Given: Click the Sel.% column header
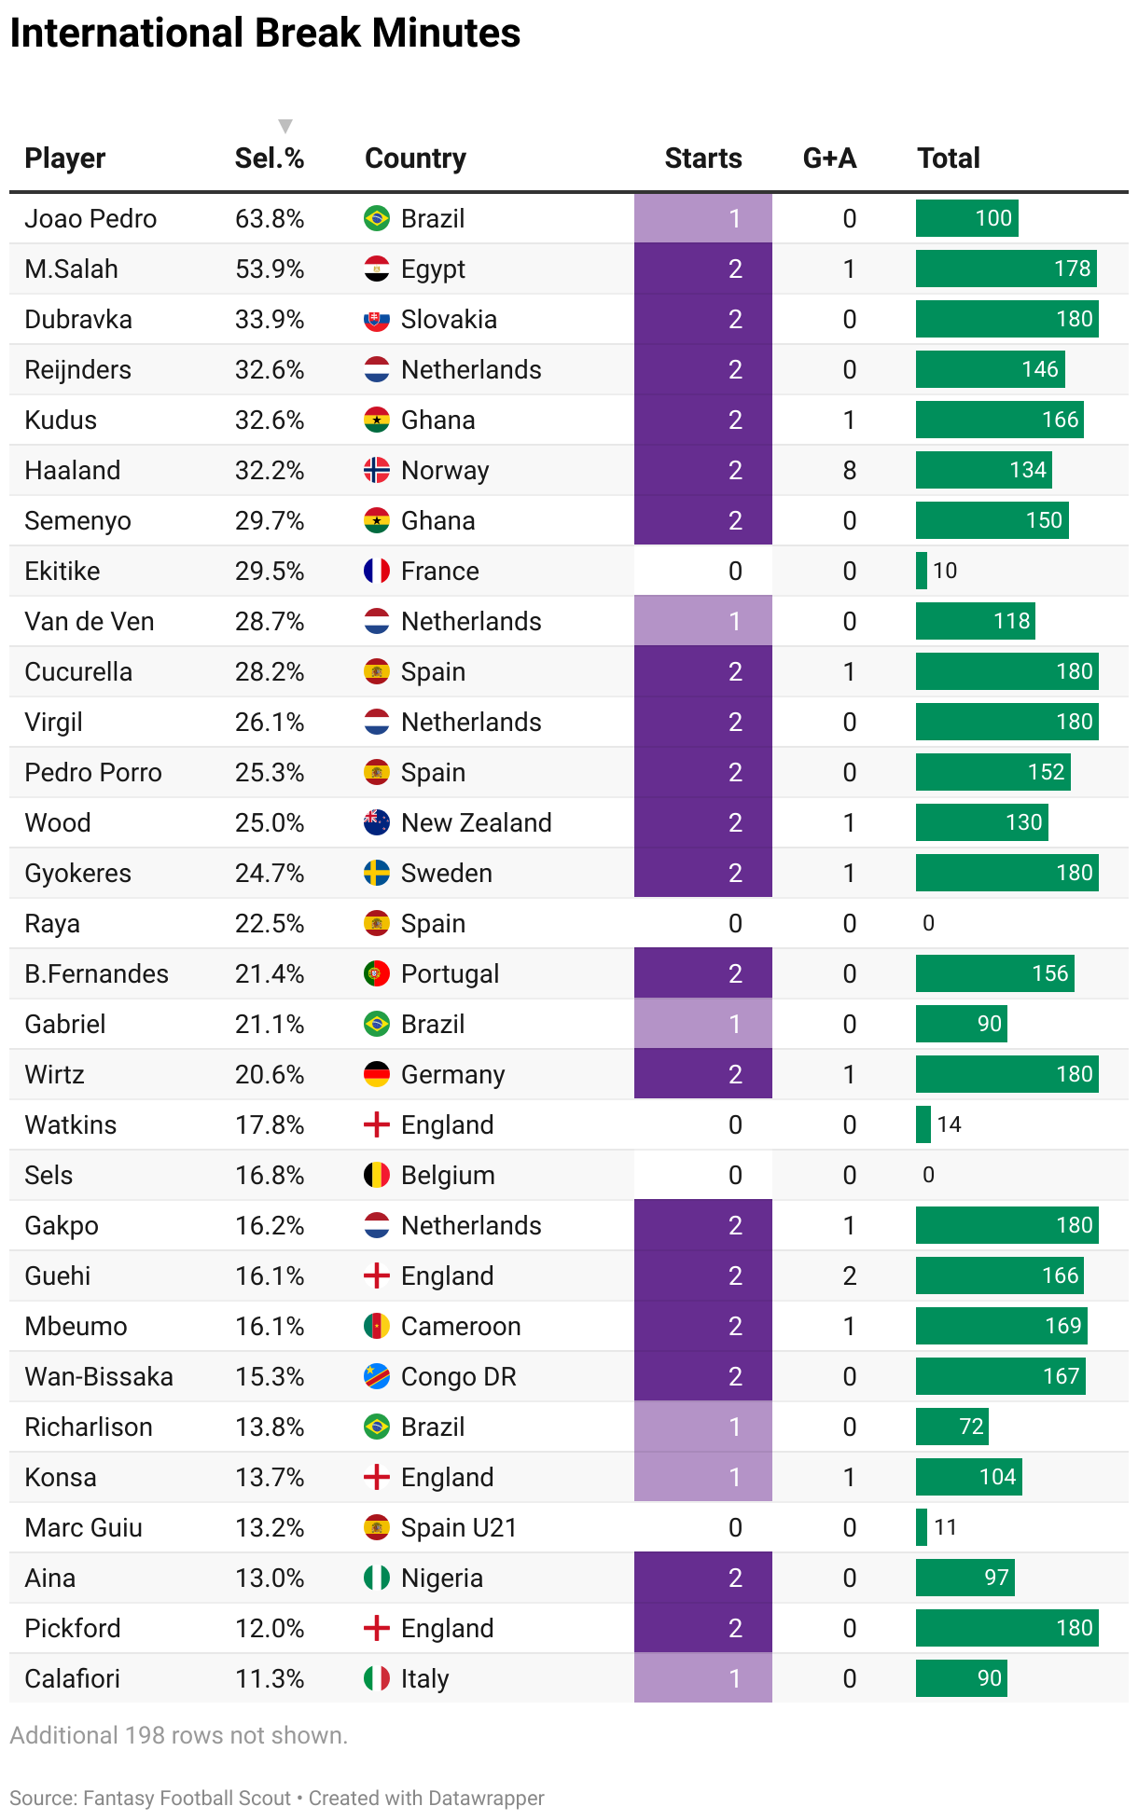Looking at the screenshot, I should point(269,159).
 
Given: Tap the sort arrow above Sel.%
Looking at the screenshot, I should point(285,126).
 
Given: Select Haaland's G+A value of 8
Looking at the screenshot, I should point(849,470).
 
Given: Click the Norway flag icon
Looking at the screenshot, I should point(376,470).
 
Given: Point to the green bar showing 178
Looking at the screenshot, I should point(1006,269).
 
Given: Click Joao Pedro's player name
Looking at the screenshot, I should point(90,218).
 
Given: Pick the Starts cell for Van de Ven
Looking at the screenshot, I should point(702,621).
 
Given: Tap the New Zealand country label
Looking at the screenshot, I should point(476,822).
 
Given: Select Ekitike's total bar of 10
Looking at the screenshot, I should point(922,571).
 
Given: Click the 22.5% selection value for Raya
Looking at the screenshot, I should point(269,923).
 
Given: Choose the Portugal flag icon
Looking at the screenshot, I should point(376,973).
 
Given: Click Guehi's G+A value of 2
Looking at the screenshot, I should point(849,1275).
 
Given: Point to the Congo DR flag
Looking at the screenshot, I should point(376,1376).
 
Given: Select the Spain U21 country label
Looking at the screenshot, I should point(458,1527).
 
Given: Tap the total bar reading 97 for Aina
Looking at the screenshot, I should point(965,1578).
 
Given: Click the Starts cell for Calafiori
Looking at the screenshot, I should point(702,1678).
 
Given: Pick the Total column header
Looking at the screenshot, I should point(948,159).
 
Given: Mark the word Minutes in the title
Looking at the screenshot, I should point(446,34).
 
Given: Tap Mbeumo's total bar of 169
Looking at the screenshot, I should point(1001,1326).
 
